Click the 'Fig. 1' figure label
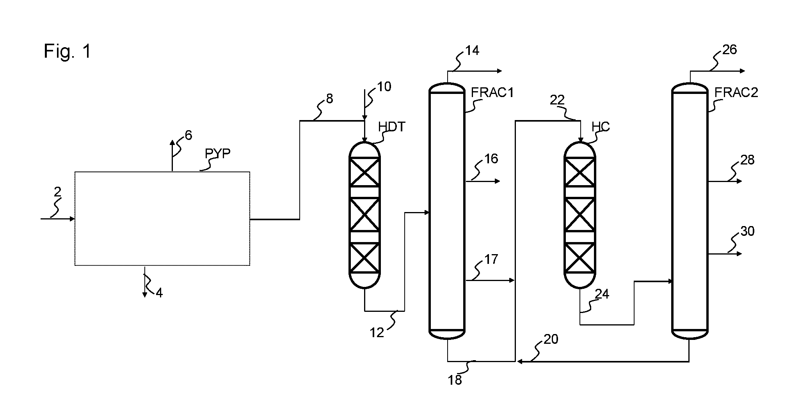(67, 51)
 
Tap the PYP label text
(218, 154)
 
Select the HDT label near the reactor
(392, 127)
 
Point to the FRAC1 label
(492, 92)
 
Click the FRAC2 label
(736, 92)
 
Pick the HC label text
(601, 127)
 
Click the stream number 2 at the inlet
(58, 192)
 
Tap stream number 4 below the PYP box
(159, 292)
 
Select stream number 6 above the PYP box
(188, 135)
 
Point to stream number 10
(384, 87)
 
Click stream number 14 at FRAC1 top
(472, 50)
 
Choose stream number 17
(491, 259)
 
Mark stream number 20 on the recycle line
(551, 340)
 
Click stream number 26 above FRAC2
(729, 50)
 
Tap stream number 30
(747, 231)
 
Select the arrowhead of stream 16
(497, 181)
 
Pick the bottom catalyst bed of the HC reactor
(580, 257)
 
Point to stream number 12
(377, 332)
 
